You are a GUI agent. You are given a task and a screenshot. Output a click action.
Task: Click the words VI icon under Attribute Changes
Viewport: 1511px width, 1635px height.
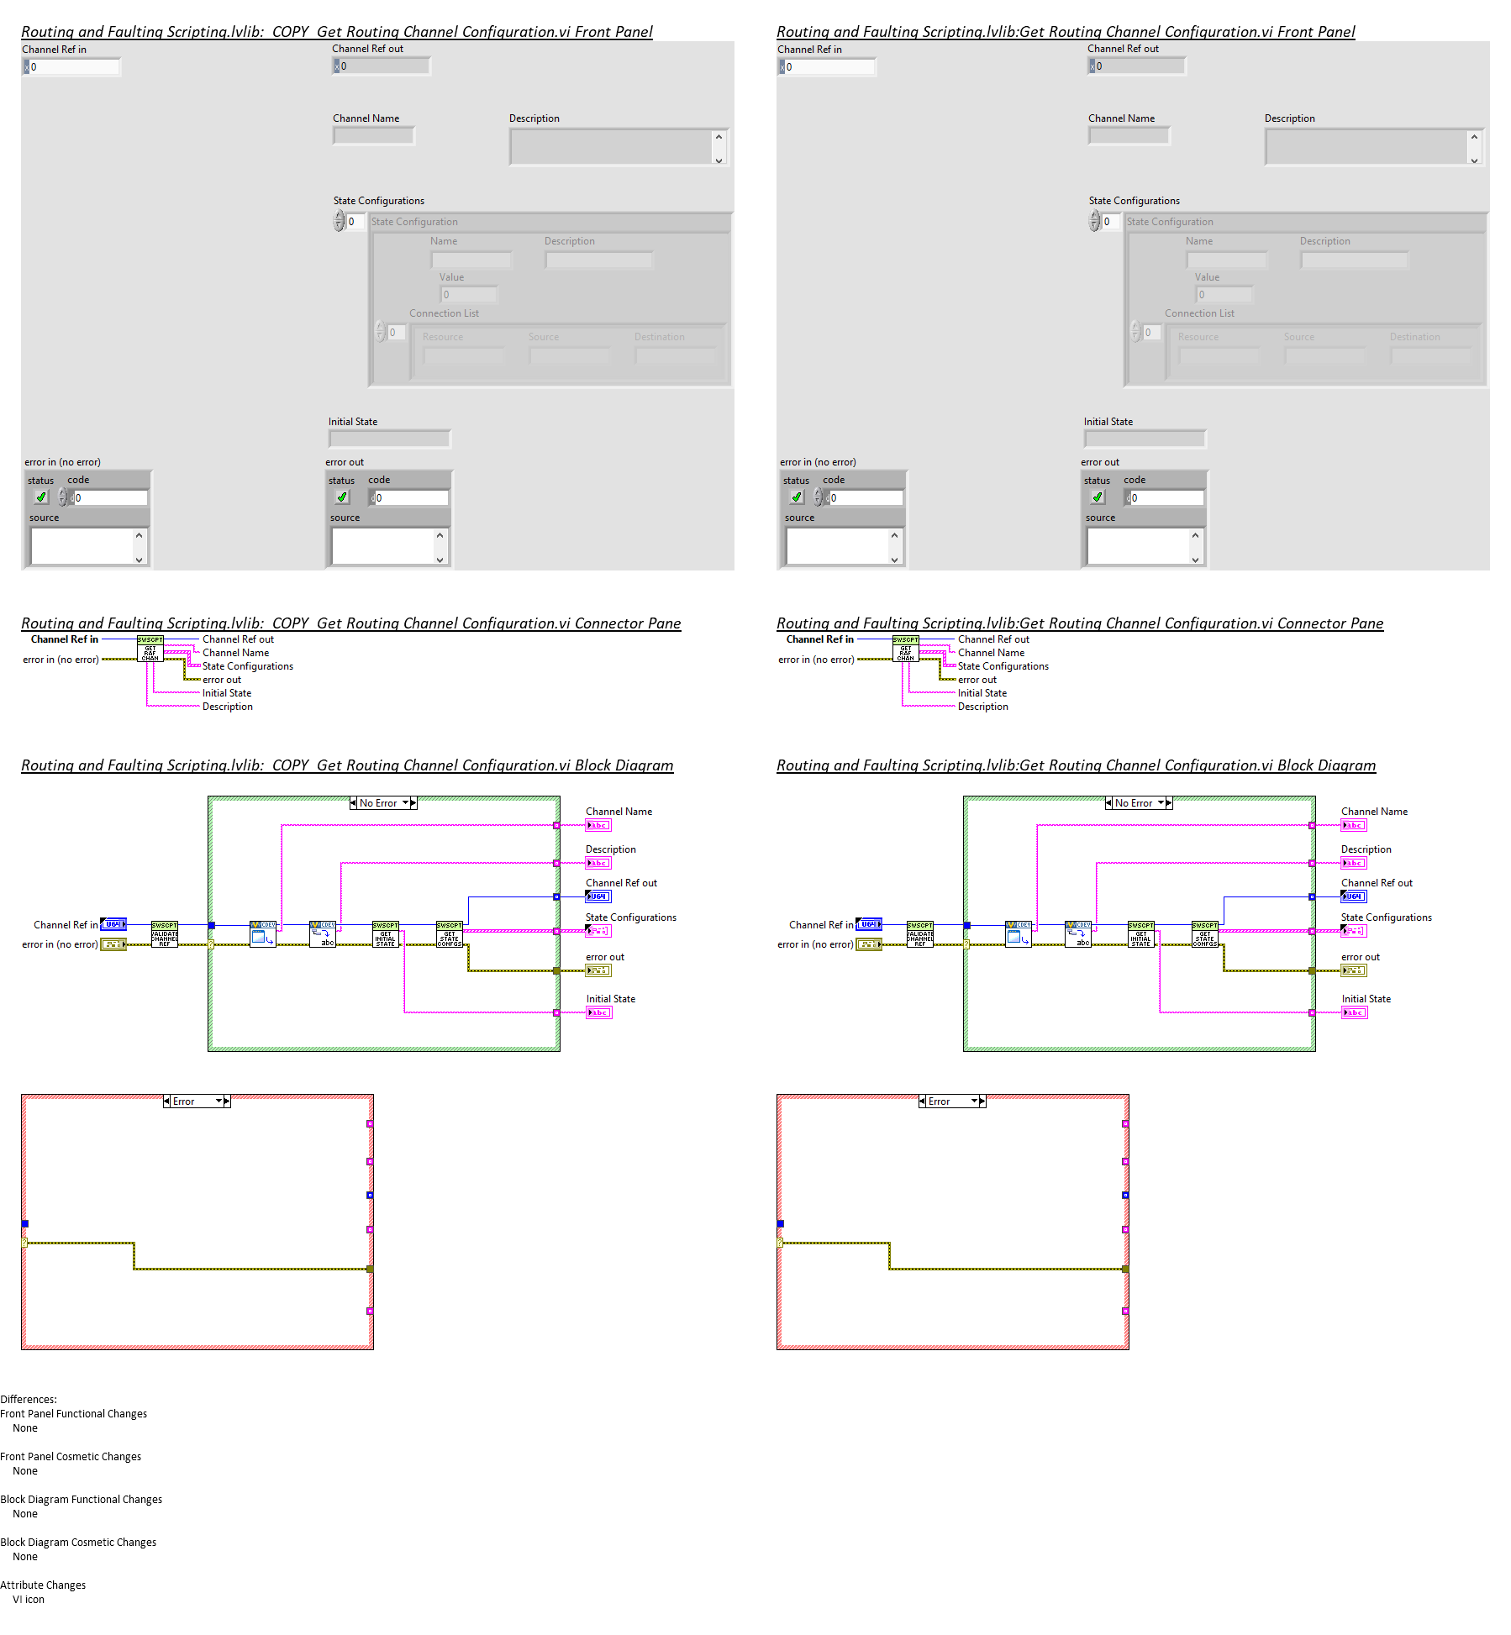(x=29, y=1600)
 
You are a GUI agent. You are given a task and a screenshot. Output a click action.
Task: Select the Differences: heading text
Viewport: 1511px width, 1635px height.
(x=29, y=1400)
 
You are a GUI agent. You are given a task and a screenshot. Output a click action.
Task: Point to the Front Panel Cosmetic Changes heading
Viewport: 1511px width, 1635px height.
(x=71, y=1457)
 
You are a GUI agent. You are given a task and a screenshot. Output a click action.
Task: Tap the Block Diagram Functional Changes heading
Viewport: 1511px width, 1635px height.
(x=81, y=1500)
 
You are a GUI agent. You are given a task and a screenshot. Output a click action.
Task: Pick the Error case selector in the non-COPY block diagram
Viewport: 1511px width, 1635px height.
(x=952, y=1101)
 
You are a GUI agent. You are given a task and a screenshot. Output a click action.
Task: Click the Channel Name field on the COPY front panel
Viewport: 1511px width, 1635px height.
(x=374, y=136)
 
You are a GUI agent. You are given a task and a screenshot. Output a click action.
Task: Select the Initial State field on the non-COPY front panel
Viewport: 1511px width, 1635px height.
(x=1145, y=439)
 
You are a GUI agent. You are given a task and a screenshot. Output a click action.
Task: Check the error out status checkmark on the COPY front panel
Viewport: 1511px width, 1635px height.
(x=342, y=497)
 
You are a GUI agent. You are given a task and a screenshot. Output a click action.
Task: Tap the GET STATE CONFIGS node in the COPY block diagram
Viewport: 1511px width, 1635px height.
(x=449, y=934)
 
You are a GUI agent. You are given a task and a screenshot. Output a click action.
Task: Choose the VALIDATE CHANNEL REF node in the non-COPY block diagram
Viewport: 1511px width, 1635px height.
(x=919, y=934)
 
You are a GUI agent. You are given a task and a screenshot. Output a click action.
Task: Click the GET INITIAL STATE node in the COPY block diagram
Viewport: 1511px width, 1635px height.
(x=385, y=934)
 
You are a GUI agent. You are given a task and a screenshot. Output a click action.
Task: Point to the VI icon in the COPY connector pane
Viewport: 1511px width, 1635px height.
(x=150, y=649)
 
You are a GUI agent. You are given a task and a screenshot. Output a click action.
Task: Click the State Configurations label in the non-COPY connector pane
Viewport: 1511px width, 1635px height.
(x=1003, y=666)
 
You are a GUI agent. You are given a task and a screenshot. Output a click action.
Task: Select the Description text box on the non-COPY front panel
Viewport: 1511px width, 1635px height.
(x=1366, y=147)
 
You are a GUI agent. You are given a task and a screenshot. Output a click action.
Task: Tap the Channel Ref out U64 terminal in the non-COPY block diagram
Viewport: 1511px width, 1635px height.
(x=1353, y=896)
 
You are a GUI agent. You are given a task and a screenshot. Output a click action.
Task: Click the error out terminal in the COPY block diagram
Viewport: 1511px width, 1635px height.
(x=598, y=970)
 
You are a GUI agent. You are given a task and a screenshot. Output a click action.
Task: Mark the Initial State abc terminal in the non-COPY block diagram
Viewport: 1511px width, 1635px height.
(x=1354, y=1012)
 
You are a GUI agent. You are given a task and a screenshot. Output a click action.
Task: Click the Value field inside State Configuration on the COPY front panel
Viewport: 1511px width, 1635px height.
(x=469, y=295)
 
